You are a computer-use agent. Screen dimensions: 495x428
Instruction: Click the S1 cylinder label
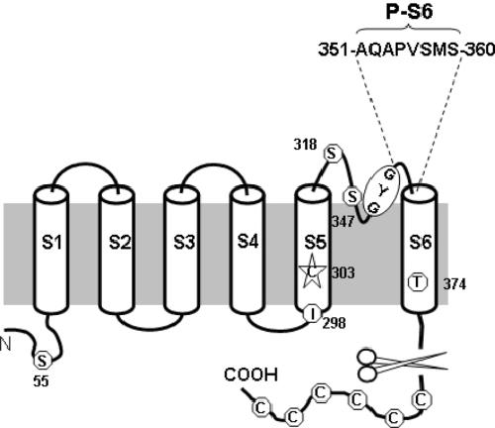[51, 242]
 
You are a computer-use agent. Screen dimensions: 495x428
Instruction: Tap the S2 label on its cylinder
[120, 242]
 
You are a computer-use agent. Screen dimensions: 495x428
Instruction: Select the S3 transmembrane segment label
[184, 242]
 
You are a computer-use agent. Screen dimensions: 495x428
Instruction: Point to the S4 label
[247, 241]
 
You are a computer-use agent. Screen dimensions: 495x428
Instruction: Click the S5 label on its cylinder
[316, 242]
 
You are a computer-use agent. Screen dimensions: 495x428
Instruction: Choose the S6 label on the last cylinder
[421, 242]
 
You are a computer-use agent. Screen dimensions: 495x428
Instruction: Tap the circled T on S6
[418, 282]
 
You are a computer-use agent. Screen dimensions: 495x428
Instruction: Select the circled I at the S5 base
[312, 314]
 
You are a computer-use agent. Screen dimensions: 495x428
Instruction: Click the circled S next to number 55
[43, 361]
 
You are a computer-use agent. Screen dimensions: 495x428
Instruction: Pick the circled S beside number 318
[332, 154]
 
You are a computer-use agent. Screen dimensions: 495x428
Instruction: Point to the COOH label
[250, 374]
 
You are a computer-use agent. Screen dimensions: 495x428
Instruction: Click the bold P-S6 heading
[409, 13]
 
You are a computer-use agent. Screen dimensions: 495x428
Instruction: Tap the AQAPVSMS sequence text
[408, 51]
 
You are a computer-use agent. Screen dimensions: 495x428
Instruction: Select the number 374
[454, 284]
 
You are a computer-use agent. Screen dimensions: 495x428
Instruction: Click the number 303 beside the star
[344, 272]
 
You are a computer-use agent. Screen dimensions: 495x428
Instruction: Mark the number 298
[334, 323]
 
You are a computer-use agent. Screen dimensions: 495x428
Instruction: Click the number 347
[344, 221]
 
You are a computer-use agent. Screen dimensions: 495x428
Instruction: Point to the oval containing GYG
[381, 192]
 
